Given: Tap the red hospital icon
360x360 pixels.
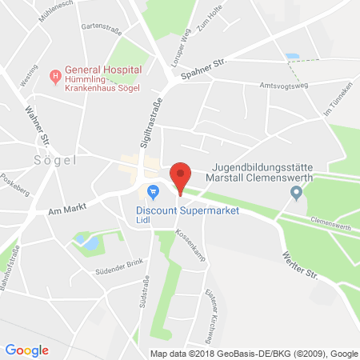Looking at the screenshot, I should click(55, 77).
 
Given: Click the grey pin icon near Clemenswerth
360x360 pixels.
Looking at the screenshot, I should click(297, 192).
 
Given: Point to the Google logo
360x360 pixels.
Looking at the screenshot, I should click(27, 350).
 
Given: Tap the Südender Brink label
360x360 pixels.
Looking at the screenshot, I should click(98, 265).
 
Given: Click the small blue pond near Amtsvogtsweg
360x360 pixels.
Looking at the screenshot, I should click(292, 58).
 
